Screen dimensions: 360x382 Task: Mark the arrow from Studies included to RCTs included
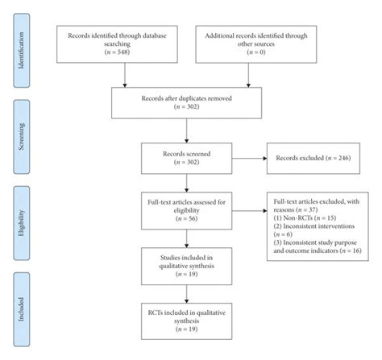pyautogui.click(x=188, y=296)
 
